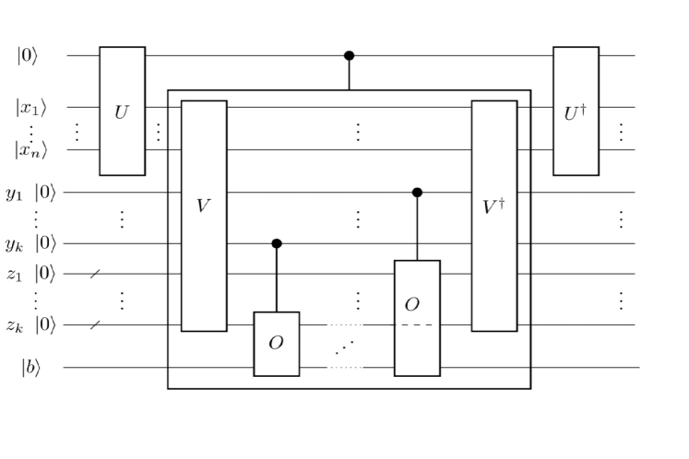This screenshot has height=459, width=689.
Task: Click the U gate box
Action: click(123, 111)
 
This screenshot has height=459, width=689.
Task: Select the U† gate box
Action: click(576, 111)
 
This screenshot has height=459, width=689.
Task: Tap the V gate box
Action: click(204, 215)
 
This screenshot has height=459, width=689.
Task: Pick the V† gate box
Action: click(493, 215)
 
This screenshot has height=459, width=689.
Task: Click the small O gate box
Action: click(277, 344)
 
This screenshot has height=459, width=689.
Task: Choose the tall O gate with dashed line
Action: click(417, 318)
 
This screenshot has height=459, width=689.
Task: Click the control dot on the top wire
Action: click(349, 55)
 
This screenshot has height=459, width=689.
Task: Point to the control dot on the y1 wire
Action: click(417, 192)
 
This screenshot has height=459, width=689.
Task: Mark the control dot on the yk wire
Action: click(277, 243)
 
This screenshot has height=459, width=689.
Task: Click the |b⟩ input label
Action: click(30, 367)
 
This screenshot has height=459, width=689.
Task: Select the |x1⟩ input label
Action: click(30, 107)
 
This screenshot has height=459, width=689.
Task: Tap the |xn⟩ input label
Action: click(30, 148)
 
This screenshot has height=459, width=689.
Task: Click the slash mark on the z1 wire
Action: click(95, 274)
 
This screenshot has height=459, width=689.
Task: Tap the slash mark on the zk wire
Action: click(95, 324)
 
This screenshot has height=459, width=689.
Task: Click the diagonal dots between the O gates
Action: click(345, 346)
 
